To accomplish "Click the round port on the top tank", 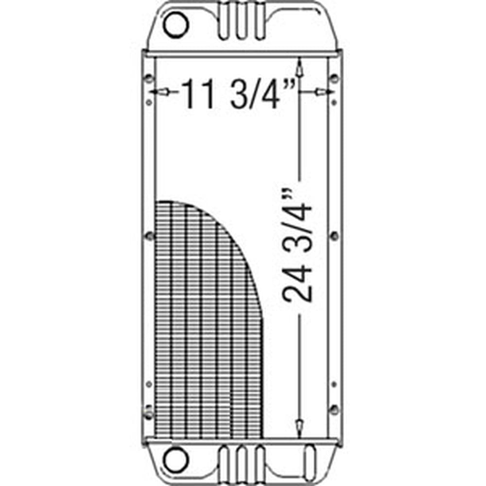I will (x=175, y=24).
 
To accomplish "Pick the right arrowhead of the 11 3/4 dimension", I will (x=323, y=92).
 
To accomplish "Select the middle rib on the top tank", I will (x=242, y=22).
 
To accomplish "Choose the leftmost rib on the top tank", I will (x=225, y=22).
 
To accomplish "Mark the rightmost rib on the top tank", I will (x=258, y=22).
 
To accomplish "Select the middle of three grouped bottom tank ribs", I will (x=242, y=464).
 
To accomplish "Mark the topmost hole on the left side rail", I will (x=150, y=78).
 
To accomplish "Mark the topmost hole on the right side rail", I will (x=334, y=78).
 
